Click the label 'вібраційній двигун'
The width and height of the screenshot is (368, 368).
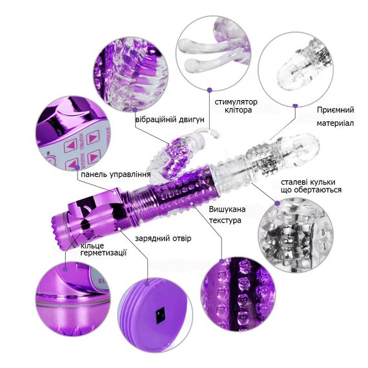tap(170, 119)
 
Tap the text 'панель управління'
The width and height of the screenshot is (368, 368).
tap(116, 174)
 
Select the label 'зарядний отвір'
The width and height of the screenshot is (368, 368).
tap(163, 238)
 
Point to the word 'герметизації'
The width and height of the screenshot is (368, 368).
tap(103, 253)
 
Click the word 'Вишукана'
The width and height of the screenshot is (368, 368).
tap(227, 209)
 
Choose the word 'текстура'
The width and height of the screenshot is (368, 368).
tap(225, 220)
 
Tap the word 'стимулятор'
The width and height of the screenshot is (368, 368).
tap(236, 102)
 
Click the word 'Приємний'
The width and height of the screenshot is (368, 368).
tap(335, 110)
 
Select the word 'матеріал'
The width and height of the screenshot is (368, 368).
tap(335, 123)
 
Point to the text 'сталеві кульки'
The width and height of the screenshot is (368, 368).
tap(308, 182)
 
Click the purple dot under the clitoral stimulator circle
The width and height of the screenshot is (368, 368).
tap(210, 90)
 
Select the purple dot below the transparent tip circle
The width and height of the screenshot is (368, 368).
tap(296, 105)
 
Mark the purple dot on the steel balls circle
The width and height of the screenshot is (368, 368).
tap(278, 203)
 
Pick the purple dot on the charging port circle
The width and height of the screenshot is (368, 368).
tap(147, 283)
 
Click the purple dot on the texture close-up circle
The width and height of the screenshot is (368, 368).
tap(221, 261)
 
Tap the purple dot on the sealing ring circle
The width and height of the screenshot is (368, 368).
tap(65, 268)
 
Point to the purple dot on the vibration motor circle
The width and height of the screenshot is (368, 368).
tap(135, 109)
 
